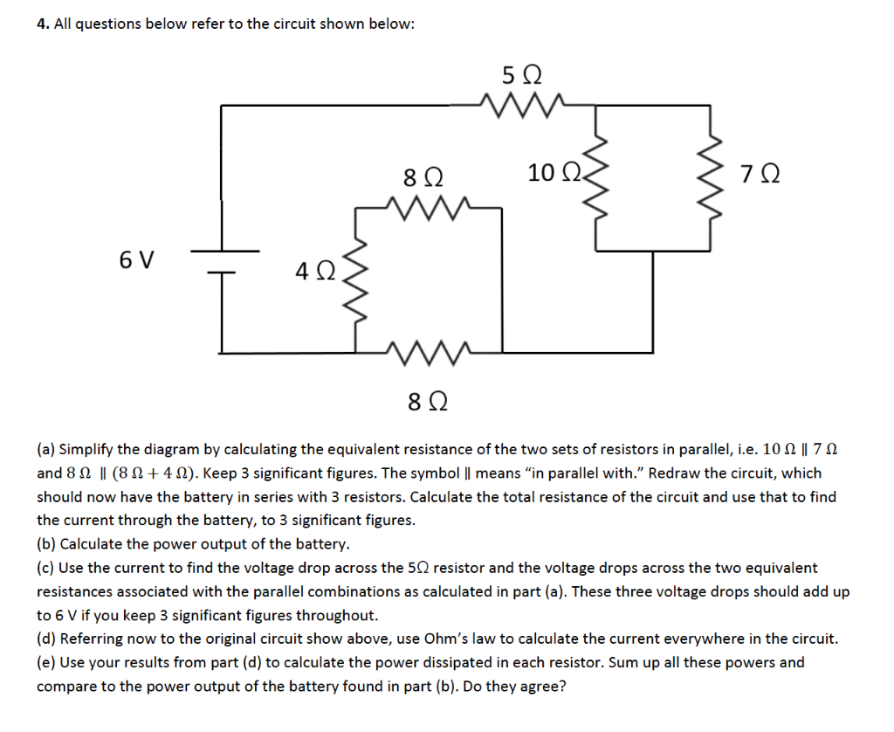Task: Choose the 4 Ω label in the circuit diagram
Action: click(313, 272)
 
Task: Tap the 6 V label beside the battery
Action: click(137, 259)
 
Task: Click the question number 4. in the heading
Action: click(42, 24)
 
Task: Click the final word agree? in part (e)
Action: click(541, 686)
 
